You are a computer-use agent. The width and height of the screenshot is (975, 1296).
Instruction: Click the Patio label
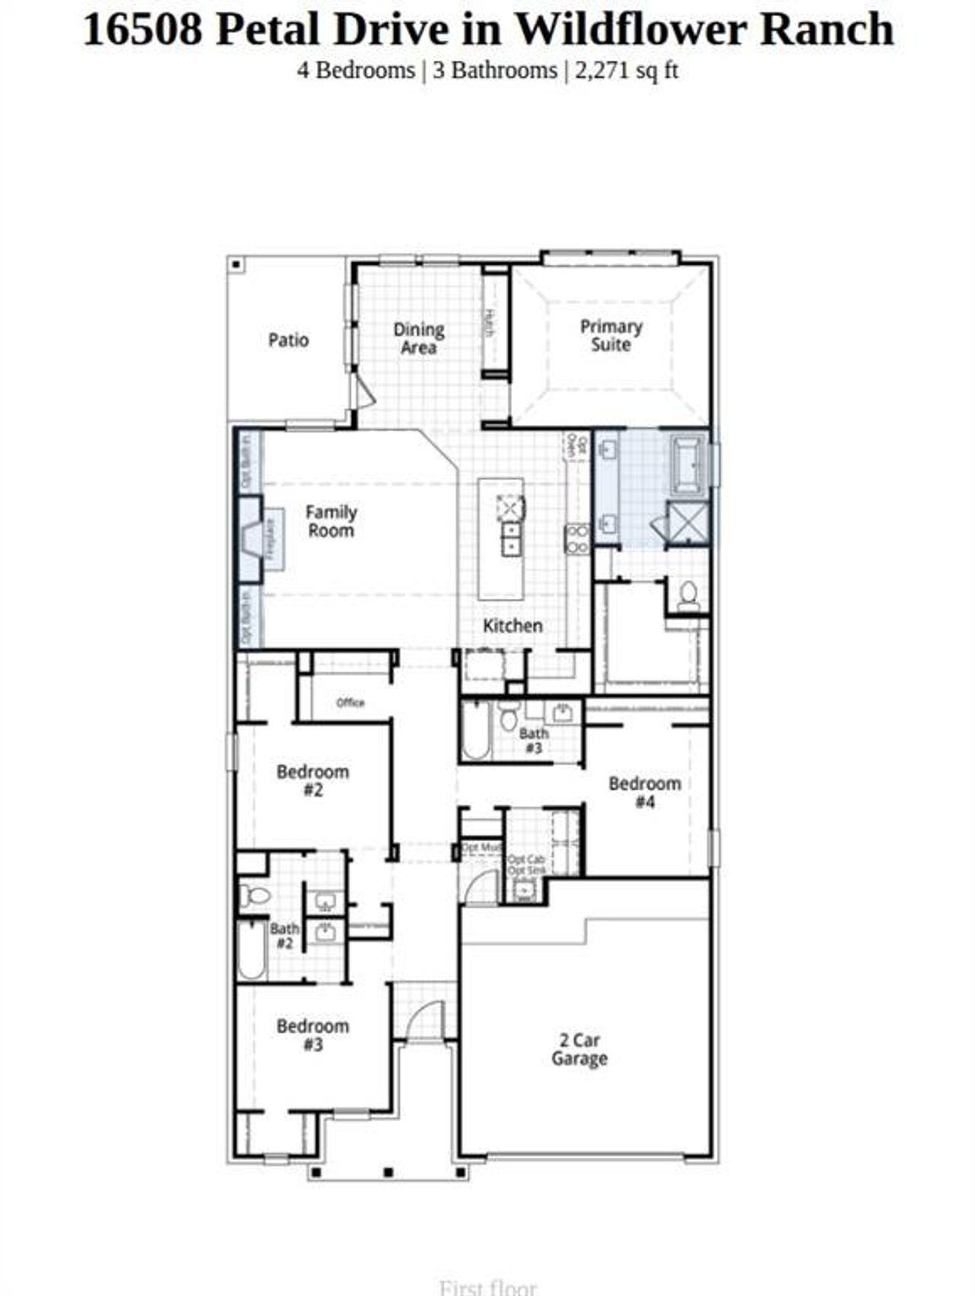pos(288,340)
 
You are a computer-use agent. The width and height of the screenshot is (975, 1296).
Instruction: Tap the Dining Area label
pos(419,339)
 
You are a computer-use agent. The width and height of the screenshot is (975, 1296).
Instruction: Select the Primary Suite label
pos(611,335)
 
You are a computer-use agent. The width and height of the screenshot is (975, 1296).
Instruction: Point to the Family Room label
pos(331,521)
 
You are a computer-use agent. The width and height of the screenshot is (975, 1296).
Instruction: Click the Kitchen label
pos(513,626)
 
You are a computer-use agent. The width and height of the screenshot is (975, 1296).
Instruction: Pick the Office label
pos(350,702)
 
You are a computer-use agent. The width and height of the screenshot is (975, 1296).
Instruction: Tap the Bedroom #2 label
pos(313,781)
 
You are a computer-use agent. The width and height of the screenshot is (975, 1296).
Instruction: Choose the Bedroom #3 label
pos(313,1035)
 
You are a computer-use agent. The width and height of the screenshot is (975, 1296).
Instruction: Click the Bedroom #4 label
pos(644,792)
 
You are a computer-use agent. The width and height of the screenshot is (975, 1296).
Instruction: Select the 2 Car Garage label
pos(580,1049)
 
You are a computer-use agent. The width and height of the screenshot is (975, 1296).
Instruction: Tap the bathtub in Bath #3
pos(475,731)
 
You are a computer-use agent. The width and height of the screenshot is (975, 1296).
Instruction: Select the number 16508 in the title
pos(142,30)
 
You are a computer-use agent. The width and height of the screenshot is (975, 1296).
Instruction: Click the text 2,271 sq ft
pos(626,71)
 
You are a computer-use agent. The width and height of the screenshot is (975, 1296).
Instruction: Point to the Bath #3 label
pos(534,741)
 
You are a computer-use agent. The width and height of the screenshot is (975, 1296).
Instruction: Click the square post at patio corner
pos(237,265)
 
